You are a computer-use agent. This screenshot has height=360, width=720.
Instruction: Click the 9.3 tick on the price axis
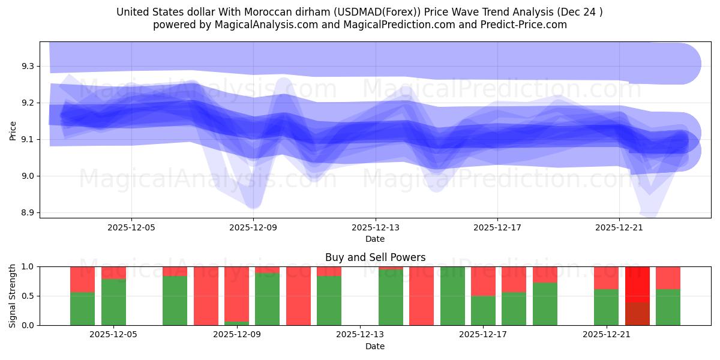27,66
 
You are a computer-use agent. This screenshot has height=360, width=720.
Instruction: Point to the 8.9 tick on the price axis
27,213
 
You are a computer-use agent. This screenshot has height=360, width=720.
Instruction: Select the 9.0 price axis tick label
27,176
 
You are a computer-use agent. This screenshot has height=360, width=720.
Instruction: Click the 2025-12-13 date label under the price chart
376,227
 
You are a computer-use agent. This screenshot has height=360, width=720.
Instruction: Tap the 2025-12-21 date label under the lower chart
607,335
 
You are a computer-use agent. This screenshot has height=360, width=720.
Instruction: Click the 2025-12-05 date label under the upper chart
132,227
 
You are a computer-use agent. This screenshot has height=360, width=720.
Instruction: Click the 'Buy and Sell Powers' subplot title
375,257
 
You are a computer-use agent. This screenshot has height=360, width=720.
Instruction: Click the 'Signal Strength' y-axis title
13,295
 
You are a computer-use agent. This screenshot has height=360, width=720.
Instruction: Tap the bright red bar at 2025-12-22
637,285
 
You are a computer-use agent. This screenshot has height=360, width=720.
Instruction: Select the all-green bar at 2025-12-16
452,296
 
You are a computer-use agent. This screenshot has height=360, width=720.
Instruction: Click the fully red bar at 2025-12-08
206,296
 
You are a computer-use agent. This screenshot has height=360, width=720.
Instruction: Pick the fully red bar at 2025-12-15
421,296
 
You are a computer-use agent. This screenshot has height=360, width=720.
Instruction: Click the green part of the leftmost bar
82,309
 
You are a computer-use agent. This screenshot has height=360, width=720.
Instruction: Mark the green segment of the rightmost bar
668,307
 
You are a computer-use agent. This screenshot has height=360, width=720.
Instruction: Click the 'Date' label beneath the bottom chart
375,346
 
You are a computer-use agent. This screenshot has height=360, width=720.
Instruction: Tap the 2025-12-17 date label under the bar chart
484,335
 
